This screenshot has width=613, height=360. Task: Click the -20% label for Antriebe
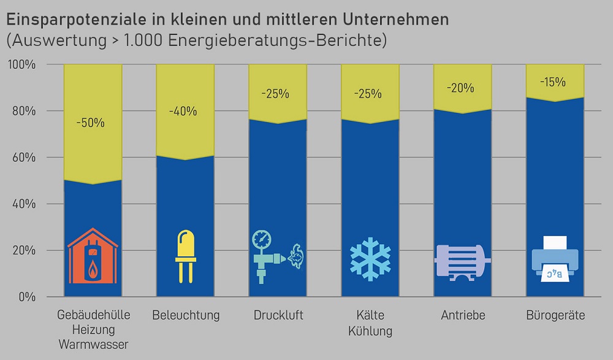point(462,88)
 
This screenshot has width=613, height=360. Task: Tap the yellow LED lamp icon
point(185,256)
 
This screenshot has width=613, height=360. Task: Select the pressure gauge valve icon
point(277,256)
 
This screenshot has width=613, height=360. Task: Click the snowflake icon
point(370,258)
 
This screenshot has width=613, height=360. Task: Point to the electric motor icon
point(460,261)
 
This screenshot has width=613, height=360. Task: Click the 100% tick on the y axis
point(22,64)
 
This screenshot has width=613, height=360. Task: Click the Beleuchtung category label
point(186,316)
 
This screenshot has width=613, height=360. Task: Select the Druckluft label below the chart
point(278,316)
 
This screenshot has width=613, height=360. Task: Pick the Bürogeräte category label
point(555,316)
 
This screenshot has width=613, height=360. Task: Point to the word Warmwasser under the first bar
point(93,345)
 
